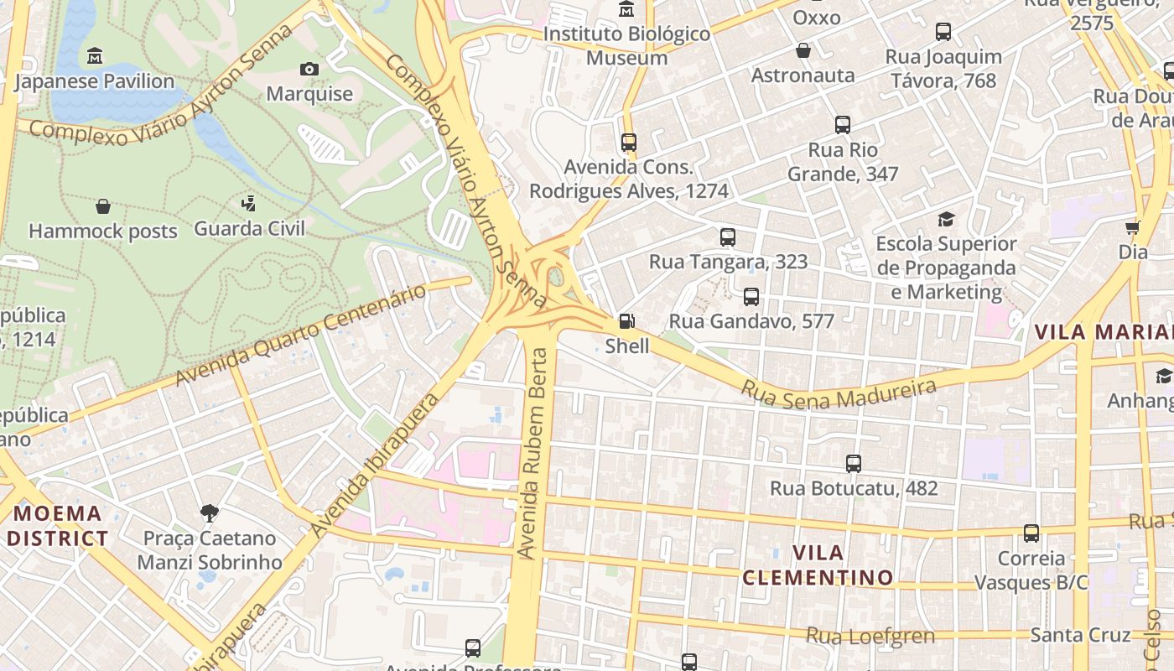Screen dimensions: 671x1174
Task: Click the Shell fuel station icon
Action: click(x=626, y=320)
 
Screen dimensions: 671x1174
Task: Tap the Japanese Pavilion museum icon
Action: click(x=95, y=56)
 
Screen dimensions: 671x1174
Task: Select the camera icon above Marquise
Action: click(x=309, y=69)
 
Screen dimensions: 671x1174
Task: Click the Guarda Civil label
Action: click(x=249, y=228)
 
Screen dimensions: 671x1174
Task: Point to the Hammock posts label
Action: click(x=103, y=231)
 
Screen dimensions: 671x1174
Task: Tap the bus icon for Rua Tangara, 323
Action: click(x=728, y=237)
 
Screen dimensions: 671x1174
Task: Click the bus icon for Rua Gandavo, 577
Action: click(x=751, y=297)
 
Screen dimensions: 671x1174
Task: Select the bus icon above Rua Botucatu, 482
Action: click(x=854, y=463)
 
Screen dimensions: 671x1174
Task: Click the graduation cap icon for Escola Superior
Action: click(x=946, y=220)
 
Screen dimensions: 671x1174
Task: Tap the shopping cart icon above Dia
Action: click(x=1133, y=227)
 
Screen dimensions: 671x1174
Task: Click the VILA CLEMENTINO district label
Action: click(x=818, y=565)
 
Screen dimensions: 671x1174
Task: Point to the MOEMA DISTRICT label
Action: click(x=58, y=526)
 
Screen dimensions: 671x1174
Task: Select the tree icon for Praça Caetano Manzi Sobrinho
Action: click(x=210, y=512)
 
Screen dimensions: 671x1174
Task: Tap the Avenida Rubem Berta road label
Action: click(x=537, y=453)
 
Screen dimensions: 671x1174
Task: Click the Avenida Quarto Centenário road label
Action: click(x=302, y=335)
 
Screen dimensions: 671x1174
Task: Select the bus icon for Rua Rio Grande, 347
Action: click(x=843, y=125)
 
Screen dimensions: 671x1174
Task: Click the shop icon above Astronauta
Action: click(x=803, y=50)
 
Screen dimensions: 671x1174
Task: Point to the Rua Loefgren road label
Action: click(x=870, y=636)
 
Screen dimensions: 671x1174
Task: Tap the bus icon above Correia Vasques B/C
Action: click(x=1031, y=533)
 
